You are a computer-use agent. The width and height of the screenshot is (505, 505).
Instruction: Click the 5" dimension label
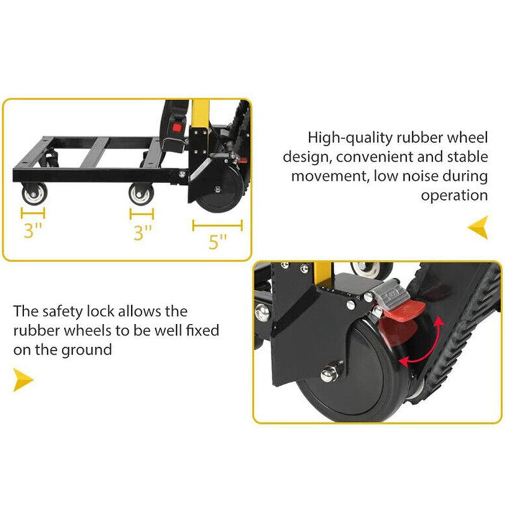click(x=218, y=242)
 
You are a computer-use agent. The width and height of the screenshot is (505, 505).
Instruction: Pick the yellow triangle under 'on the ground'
click(x=24, y=380)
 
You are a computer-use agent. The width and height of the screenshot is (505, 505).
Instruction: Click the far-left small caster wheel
click(x=33, y=193)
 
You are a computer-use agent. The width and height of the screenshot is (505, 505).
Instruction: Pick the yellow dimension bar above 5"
click(x=217, y=223)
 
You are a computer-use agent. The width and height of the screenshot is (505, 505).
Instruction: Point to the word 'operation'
click(x=454, y=195)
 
